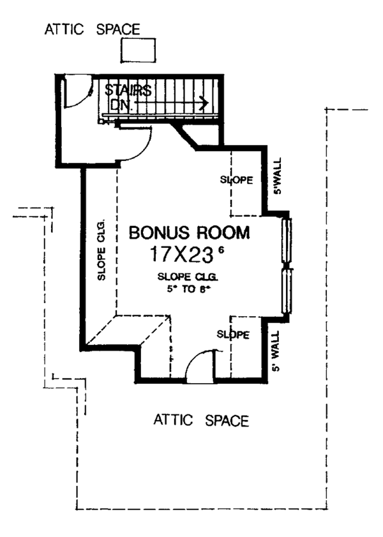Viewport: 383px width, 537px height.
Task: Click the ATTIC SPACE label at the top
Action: pos(93,29)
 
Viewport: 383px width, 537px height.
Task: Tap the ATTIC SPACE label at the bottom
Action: pos(200,420)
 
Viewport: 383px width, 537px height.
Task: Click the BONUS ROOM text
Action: pos(190,232)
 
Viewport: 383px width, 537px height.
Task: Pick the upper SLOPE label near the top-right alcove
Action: pos(236,179)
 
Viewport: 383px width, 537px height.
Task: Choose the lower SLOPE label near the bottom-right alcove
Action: pos(232,334)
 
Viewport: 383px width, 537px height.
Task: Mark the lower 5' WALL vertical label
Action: pos(276,351)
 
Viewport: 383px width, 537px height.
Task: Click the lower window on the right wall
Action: pos(287,290)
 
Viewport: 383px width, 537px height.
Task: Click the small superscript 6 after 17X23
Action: pos(221,250)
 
